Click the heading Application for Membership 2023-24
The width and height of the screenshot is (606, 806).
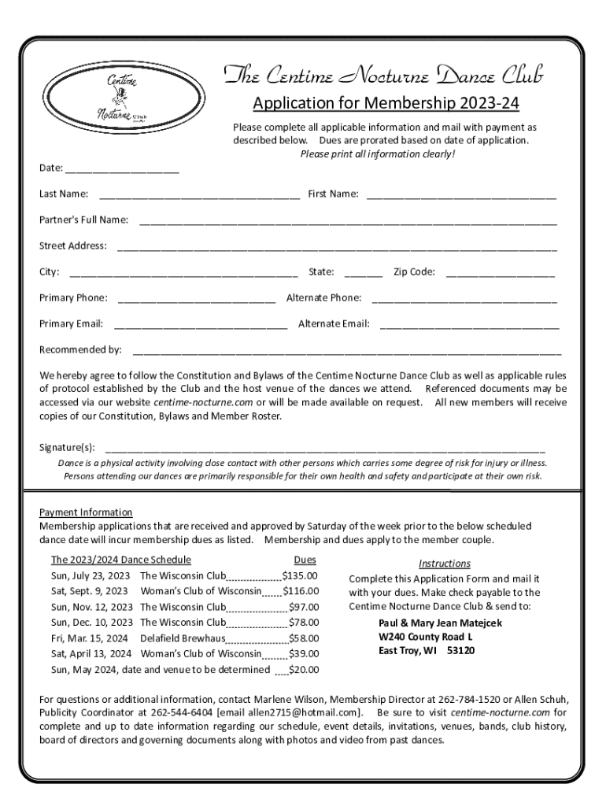pos(386,104)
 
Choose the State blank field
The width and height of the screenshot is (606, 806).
pos(364,273)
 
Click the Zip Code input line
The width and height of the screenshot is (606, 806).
pos(500,273)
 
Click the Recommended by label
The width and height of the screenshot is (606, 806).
pos(81,349)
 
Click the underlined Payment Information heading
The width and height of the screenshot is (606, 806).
pos(86,512)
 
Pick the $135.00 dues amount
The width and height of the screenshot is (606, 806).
pos(300,576)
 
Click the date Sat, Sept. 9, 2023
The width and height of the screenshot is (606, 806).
pos(90,591)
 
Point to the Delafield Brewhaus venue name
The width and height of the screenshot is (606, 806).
pos(183,638)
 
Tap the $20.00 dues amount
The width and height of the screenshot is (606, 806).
pos(304,670)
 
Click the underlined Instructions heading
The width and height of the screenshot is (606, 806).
pos(445,564)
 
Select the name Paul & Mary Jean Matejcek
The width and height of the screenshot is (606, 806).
pos(440,623)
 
